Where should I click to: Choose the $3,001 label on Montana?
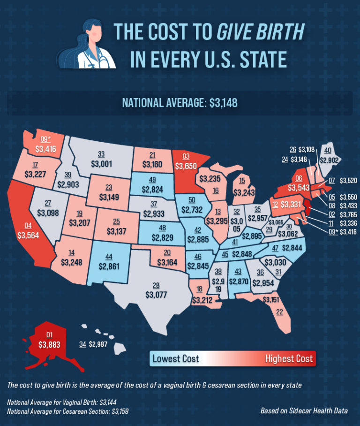tap(101, 163)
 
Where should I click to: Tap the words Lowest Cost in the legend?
tap(176, 359)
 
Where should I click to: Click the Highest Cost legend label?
tap(289, 359)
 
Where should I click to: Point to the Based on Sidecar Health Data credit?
tap(304, 411)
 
